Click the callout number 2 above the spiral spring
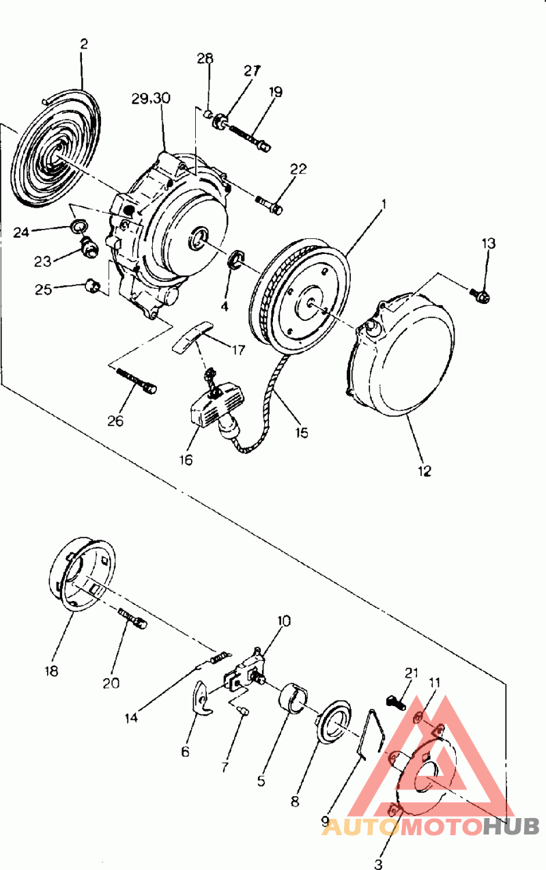[84, 44]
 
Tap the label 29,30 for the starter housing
[151, 98]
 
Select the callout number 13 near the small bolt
[489, 244]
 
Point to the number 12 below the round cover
[424, 471]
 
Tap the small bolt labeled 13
[480, 296]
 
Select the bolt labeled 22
[270, 205]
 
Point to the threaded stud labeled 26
[136, 380]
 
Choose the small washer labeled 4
[235, 259]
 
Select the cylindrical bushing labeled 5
[293, 699]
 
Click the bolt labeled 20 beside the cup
[132, 619]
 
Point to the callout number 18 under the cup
[52, 671]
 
